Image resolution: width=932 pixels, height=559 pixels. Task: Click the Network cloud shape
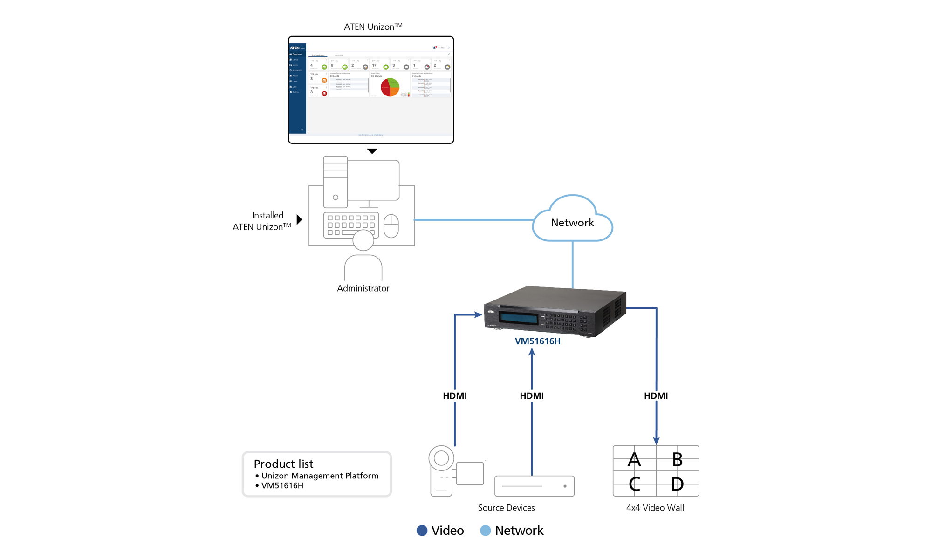point(572,222)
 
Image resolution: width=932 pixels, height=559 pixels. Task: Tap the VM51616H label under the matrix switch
point(537,341)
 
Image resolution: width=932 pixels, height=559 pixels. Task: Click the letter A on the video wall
point(634,460)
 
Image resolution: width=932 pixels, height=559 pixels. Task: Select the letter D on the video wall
point(677,484)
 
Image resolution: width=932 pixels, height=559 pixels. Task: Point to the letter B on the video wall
point(677,460)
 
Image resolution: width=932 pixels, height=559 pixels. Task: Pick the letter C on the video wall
point(634,484)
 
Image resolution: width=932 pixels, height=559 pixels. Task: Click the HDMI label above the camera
point(454,396)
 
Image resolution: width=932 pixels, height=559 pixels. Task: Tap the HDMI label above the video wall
point(656,396)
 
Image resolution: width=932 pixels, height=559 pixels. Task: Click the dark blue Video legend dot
point(422,531)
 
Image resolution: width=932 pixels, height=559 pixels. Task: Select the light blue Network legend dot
point(485,531)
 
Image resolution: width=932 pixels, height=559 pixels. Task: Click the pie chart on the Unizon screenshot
point(390,87)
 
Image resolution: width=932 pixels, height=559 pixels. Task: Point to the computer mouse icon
point(391,226)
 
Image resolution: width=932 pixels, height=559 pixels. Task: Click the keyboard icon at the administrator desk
point(351,225)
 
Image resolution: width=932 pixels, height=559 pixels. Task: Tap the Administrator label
point(363,288)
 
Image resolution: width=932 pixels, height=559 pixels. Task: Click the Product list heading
point(283,464)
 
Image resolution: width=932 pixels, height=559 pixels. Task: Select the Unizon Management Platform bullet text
point(320,476)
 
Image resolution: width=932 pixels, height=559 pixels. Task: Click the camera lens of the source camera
point(441,458)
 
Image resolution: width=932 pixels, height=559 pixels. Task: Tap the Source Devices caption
point(506,508)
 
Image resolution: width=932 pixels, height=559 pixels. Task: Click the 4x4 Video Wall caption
point(655,508)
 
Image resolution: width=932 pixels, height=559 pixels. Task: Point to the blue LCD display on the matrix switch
point(518,318)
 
